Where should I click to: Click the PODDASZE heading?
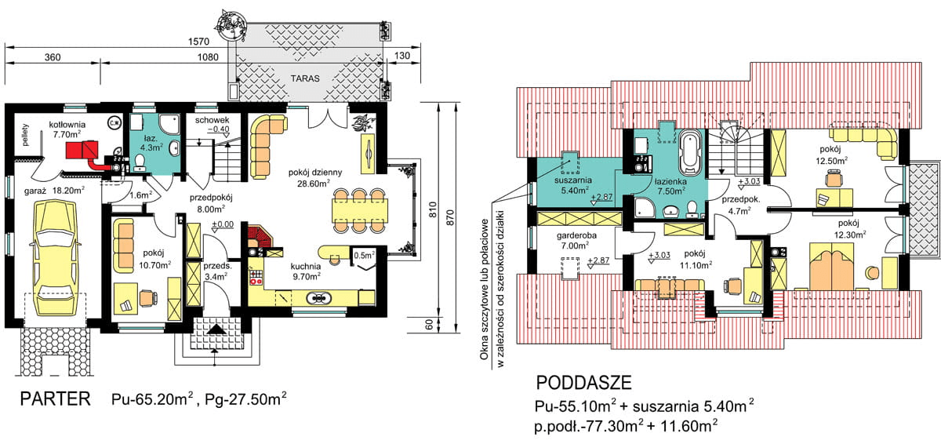584,383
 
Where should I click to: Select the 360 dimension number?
53,57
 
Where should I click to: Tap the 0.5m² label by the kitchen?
363,254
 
